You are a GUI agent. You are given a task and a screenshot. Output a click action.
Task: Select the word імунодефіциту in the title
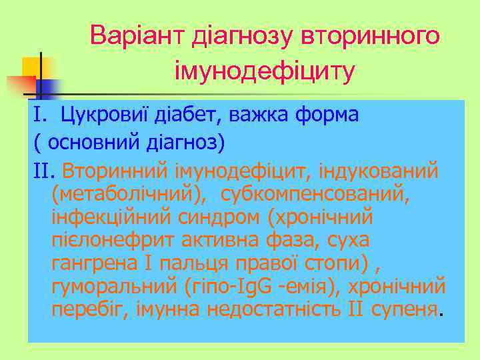[x=264, y=69]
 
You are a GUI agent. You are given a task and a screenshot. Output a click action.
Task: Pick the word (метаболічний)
[x=122, y=194]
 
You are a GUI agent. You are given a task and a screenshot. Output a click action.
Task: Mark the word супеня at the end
[x=405, y=311]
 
